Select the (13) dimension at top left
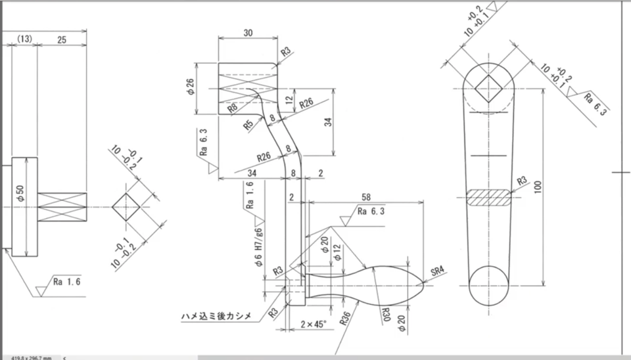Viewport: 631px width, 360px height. coord(24,39)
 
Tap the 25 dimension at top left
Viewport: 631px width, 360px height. coord(62,39)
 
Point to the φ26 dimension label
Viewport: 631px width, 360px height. coord(191,87)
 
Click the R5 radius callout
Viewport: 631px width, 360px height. coord(248,125)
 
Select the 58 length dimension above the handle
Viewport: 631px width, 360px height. coord(365,196)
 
